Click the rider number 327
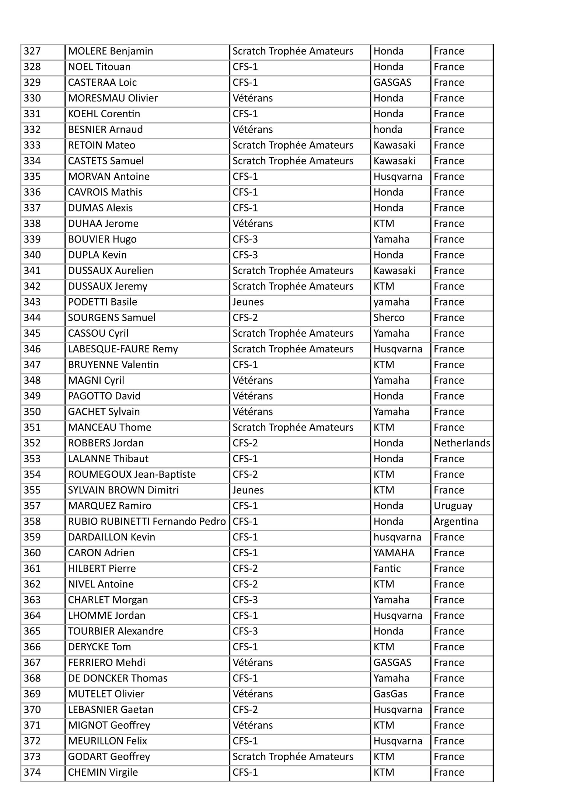(32, 51)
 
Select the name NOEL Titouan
(99, 67)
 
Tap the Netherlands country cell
(462, 443)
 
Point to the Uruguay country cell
(453, 506)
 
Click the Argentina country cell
(456, 521)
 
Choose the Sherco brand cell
(389, 317)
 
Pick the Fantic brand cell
(387, 568)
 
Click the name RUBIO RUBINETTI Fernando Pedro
(147, 521)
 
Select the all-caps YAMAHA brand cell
(394, 553)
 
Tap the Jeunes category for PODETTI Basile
(248, 302)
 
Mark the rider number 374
(32, 772)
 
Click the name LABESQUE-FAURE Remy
(123, 349)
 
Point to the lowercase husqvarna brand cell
(397, 537)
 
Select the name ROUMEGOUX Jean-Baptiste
(132, 474)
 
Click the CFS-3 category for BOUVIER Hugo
(245, 239)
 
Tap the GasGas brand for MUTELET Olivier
(390, 694)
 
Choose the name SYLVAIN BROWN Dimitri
(123, 490)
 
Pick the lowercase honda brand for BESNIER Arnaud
(388, 129)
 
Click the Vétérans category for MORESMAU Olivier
(252, 98)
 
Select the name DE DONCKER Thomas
(118, 678)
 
